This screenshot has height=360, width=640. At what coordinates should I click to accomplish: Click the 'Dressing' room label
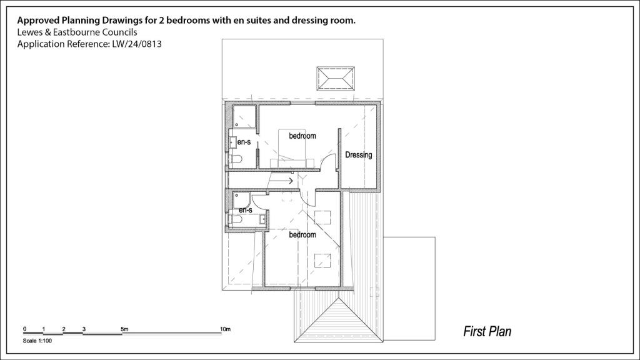coord(359,155)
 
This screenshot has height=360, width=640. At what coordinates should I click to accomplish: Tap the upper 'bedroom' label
coord(302,136)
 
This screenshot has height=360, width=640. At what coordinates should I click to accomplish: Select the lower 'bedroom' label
coord(302,235)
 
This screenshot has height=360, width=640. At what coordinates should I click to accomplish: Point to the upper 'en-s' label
coord(244,142)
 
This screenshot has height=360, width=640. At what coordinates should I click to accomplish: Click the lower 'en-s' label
coord(245,210)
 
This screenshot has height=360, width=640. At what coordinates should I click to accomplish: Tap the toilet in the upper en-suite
coord(235,160)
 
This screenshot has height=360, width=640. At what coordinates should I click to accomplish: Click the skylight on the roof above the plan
coord(337,79)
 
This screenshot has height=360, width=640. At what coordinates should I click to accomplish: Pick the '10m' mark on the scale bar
coord(225,329)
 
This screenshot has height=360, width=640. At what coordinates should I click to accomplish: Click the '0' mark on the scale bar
coord(24,329)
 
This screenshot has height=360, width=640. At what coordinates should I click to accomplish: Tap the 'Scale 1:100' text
coord(37,341)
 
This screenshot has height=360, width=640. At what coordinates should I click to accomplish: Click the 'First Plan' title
coord(487,331)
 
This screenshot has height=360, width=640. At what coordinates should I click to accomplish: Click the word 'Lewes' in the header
coord(29,32)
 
